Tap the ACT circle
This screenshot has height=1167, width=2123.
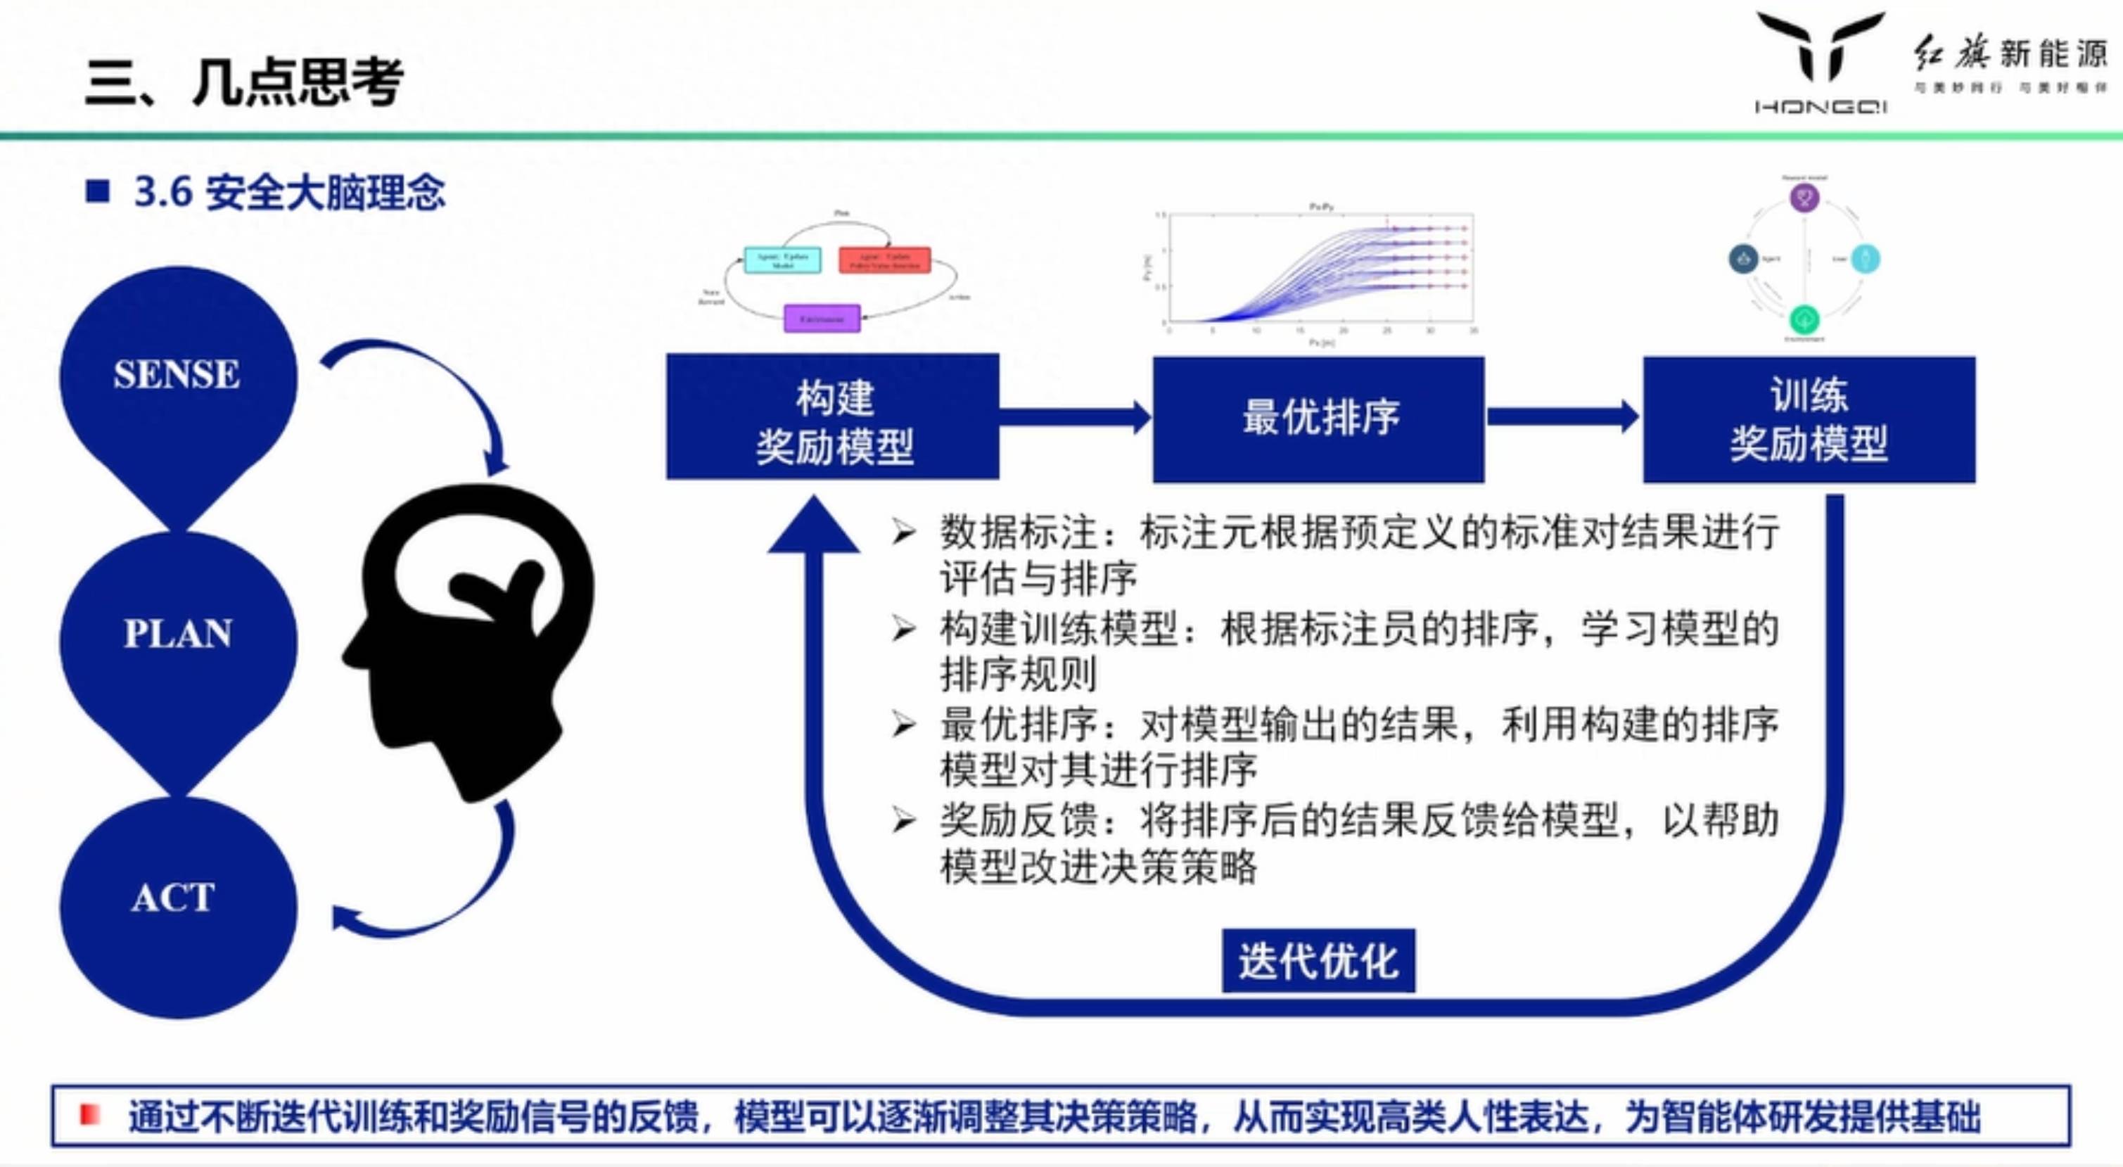pyautogui.click(x=177, y=903)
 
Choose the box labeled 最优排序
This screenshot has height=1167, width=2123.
pyautogui.click(x=1319, y=418)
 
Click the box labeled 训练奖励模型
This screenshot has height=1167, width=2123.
pyautogui.click(x=1809, y=418)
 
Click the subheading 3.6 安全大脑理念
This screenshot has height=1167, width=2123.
pyautogui.click(x=289, y=193)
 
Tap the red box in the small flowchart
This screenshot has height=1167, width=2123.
pyautogui.click(x=884, y=260)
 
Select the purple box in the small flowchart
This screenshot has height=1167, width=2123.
pyautogui.click(x=822, y=318)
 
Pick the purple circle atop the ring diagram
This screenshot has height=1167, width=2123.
pyautogui.click(x=1804, y=198)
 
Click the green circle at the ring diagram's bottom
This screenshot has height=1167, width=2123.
pyautogui.click(x=1804, y=319)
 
